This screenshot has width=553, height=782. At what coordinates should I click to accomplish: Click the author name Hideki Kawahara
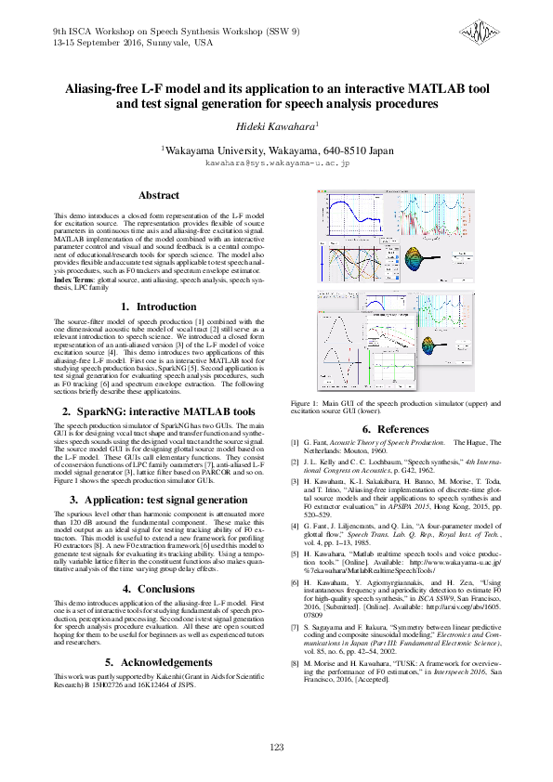coord(275,124)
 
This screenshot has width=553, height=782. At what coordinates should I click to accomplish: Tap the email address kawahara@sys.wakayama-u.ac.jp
coord(276,163)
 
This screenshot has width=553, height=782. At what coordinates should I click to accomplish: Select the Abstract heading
coord(159,196)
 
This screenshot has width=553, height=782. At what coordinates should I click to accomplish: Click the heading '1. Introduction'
coord(159,306)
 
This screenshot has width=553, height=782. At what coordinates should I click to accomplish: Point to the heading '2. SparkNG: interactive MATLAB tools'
coord(159,411)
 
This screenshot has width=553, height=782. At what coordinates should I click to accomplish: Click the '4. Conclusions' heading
coord(159,588)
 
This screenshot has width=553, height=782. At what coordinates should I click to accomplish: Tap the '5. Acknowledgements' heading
coord(159,662)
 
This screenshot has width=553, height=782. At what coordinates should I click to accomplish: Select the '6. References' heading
coord(396,429)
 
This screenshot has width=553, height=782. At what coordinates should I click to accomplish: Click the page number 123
coord(276,748)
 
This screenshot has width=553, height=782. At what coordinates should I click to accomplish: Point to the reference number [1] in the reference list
coord(296,444)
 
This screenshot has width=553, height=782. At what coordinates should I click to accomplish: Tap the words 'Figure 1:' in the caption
coord(306,404)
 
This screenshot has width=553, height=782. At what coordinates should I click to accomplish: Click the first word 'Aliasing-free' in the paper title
coord(99,89)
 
